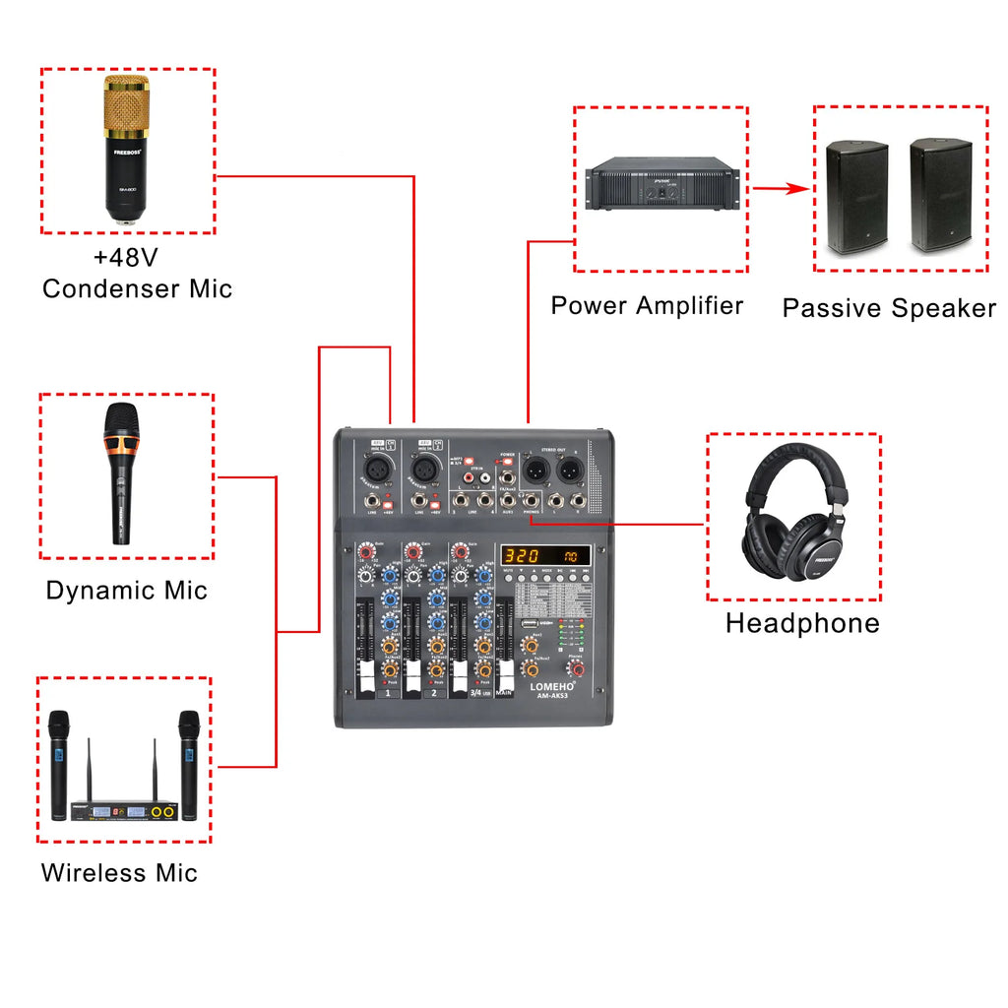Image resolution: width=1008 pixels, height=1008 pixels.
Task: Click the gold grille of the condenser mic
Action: click(126, 106)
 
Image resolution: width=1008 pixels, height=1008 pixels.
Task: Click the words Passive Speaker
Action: click(889, 308)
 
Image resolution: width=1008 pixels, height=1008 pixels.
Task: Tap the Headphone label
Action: click(802, 623)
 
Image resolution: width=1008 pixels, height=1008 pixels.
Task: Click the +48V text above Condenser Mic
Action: click(126, 258)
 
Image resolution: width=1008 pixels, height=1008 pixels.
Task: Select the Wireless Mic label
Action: click(119, 873)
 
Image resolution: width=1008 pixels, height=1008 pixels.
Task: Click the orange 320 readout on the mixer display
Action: click(522, 555)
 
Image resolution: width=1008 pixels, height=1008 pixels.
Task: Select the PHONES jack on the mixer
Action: click(532, 501)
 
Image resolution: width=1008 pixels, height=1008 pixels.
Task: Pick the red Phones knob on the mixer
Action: click(577, 669)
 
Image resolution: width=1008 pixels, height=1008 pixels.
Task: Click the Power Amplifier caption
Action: click(647, 305)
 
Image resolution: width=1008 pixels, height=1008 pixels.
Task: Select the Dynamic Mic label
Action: click(127, 591)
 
